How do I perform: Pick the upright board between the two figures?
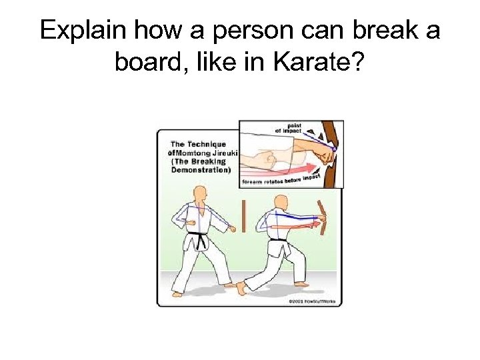click(245, 215)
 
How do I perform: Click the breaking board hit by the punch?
click(325, 217)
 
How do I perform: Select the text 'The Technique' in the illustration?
click(198, 144)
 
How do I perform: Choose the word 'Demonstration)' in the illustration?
click(201, 170)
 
